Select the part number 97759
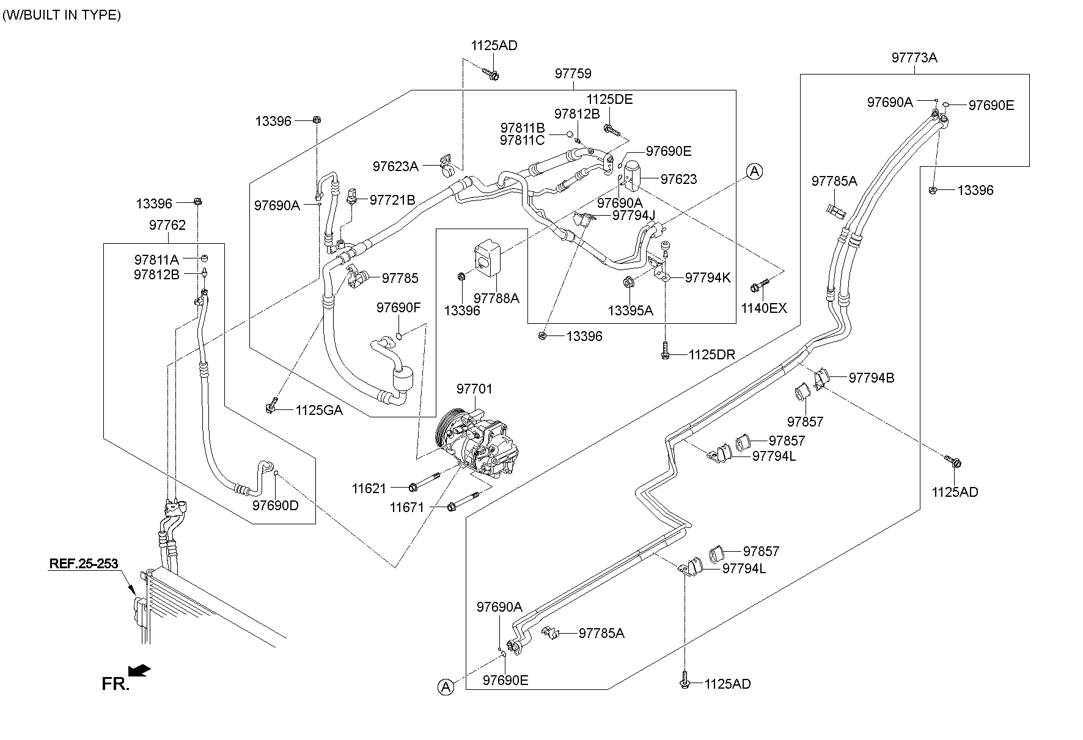573,74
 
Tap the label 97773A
914,58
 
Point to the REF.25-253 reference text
83,563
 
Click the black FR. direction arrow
141,670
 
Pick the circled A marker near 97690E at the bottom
446,687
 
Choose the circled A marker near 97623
755,172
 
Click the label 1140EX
764,308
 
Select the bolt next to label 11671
464,502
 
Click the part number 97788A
496,298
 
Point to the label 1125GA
319,411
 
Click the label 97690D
275,505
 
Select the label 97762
167,225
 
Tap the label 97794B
871,378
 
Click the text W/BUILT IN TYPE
62,15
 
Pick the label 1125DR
711,355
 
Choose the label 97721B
392,200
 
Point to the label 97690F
398,307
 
